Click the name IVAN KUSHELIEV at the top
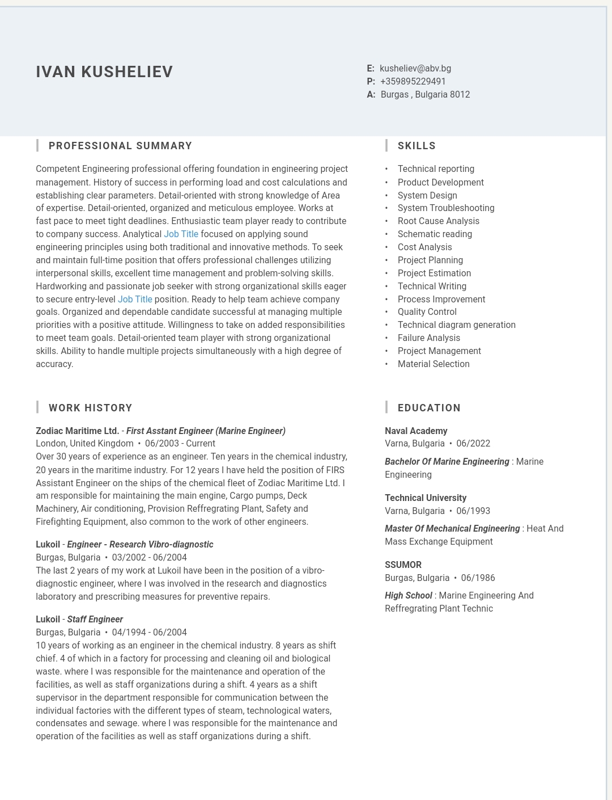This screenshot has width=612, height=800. click(104, 72)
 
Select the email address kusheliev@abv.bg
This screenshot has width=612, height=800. click(415, 69)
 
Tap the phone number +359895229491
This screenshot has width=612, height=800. click(413, 82)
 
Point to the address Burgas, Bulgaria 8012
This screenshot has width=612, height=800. click(425, 95)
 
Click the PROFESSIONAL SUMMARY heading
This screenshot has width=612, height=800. click(120, 146)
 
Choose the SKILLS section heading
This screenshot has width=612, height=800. click(416, 146)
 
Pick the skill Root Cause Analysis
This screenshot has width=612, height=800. click(438, 221)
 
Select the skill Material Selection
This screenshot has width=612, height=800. click(433, 364)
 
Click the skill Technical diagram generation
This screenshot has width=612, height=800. click(456, 325)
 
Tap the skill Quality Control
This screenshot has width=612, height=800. click(427, 312)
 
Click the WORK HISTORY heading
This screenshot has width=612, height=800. click(90, 408)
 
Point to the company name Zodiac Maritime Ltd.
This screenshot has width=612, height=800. click(77, 431)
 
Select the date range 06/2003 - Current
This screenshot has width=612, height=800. click(180, 444)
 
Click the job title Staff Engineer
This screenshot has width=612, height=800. click(95, 620)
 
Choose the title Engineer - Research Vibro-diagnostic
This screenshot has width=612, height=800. click(140, 545)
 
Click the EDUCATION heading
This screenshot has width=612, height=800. click(429, 408)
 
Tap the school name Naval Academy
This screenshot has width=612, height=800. click(416, 431)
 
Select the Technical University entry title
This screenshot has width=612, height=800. click(425, 498)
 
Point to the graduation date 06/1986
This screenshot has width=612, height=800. click(478, 578)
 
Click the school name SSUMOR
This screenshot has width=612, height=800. click(403, 565)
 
